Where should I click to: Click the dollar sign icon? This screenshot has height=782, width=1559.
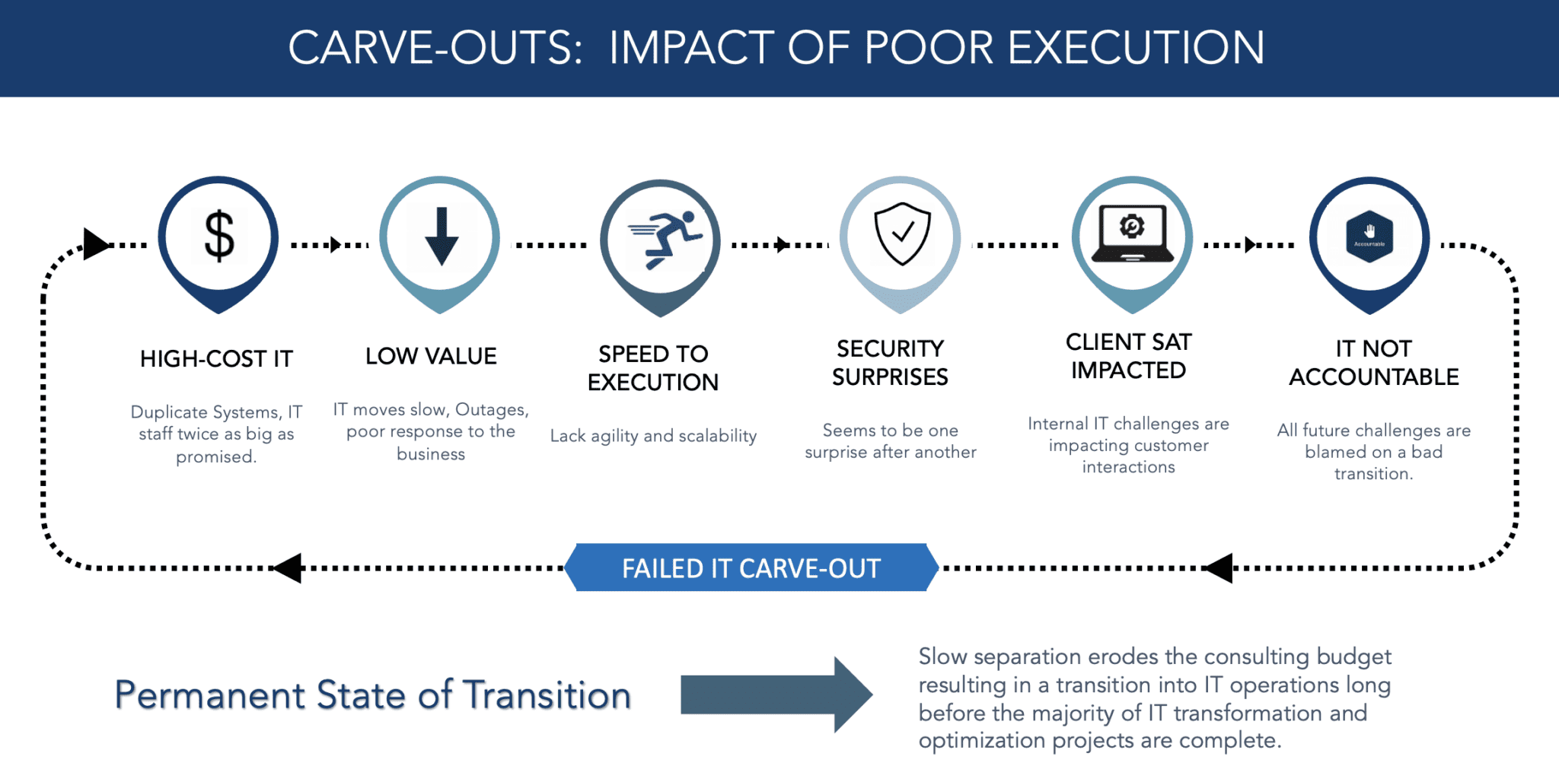click(x=218, y=236)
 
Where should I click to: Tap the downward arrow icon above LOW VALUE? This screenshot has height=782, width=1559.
click(x=441, y=236)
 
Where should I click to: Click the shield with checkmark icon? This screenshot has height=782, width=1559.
click(x=902, y=234)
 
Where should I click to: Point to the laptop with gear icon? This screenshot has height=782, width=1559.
click(x=1132, y=234)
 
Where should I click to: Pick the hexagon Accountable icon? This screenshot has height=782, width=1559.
click(x=1369, y=237)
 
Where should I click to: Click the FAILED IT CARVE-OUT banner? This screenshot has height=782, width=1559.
click(x=751, y=568)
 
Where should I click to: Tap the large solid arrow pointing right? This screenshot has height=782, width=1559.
click(x=776, y=695)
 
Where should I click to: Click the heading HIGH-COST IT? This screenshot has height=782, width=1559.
click(x=216, y=359)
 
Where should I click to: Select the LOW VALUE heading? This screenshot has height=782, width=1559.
click(x=431, y=356)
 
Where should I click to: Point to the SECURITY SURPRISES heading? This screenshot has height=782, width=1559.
click(x=890, y=363)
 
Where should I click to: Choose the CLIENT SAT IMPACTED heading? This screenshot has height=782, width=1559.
click(x=1128, y=356)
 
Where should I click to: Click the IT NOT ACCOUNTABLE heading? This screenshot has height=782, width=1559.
click(x=1373, y=363)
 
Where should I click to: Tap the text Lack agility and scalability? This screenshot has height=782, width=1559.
click(x=653, y=436)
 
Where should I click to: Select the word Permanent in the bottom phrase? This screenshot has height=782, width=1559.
click(x=210, y=695)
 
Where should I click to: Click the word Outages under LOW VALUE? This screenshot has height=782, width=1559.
click(x=491, y=410)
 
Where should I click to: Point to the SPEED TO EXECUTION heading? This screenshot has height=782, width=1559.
click(x=653, y=368)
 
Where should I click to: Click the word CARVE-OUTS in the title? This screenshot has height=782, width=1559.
click(x=435, y=48)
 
